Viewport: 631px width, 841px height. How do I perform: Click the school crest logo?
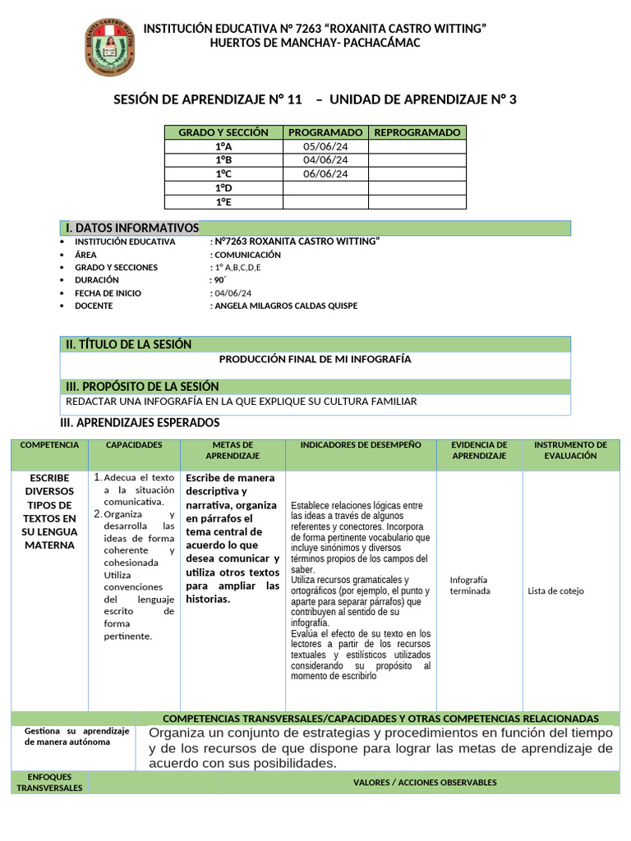pos(107,48)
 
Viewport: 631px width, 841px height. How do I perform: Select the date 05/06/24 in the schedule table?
pos(325,146)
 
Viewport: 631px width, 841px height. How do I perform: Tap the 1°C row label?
pos(223,174)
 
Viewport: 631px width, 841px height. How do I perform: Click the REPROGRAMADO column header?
pos(417,132)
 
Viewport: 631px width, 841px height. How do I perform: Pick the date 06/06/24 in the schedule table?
pos(325,174)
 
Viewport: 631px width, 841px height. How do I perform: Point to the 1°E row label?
pos(223,202)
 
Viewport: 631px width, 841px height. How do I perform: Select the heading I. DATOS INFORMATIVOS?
pos(131,227)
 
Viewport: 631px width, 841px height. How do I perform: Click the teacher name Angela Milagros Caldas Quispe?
pos(285,306)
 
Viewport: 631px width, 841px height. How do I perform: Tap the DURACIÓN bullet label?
pos(97,280)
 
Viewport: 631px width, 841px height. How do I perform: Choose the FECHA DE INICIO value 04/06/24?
pos(233,293)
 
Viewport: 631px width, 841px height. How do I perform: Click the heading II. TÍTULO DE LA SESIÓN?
pos(128,345)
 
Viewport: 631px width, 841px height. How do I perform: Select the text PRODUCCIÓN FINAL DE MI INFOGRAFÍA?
pos(315,360)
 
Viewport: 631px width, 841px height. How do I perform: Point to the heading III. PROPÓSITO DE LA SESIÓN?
pos(142,387)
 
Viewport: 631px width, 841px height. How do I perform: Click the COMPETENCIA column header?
pos(49,445)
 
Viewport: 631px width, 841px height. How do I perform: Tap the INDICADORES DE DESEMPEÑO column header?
pos(361,445)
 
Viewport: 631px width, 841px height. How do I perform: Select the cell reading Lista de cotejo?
pos(556,591)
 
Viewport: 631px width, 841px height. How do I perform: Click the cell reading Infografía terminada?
pos(470,585)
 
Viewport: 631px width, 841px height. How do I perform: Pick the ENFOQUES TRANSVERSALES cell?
pos(49,782)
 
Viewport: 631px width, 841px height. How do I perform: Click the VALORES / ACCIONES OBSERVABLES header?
pos(425,783)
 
